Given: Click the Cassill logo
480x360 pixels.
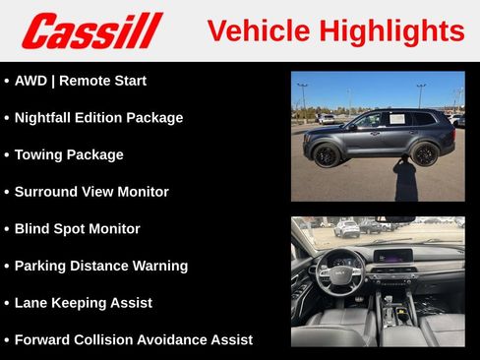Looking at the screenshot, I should pyautogui.click(x=91, y=30).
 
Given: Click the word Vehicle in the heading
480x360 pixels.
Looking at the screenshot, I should pyautogui.click(x=258, y=31).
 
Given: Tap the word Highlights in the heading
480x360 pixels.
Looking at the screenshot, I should pyautogui.click(x=391, y=31).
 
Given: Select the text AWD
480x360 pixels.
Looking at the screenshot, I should pyautogui.click(x=31, y=81).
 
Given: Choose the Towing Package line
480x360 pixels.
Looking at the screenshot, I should pyautogui.click(x=69, y=154).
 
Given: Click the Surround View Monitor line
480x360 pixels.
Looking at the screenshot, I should pyautogui.click(x=91, y=192).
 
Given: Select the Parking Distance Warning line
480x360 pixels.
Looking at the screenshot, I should pyautogui.click(x=100, y=266).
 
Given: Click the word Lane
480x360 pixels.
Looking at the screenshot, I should pyautogui.click(x=33, y=303).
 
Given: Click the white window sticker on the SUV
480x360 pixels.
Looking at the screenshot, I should pyautogui.click(x=397, y=119).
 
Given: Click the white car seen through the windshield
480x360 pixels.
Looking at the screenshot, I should pyautogui.click(x=347, y=229).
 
